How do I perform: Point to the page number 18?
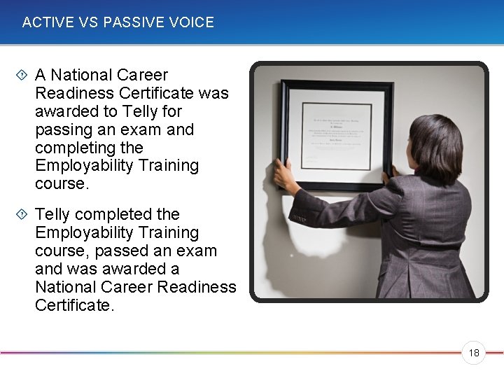[474, 353]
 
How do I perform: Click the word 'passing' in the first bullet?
[64, 129]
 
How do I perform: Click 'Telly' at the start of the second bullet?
[53, 214]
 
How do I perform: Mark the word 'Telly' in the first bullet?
[140, 111]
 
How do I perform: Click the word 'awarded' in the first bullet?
[66, 111]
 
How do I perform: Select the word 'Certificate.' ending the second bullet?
[73, 305]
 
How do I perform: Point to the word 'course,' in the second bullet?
[61, 251]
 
